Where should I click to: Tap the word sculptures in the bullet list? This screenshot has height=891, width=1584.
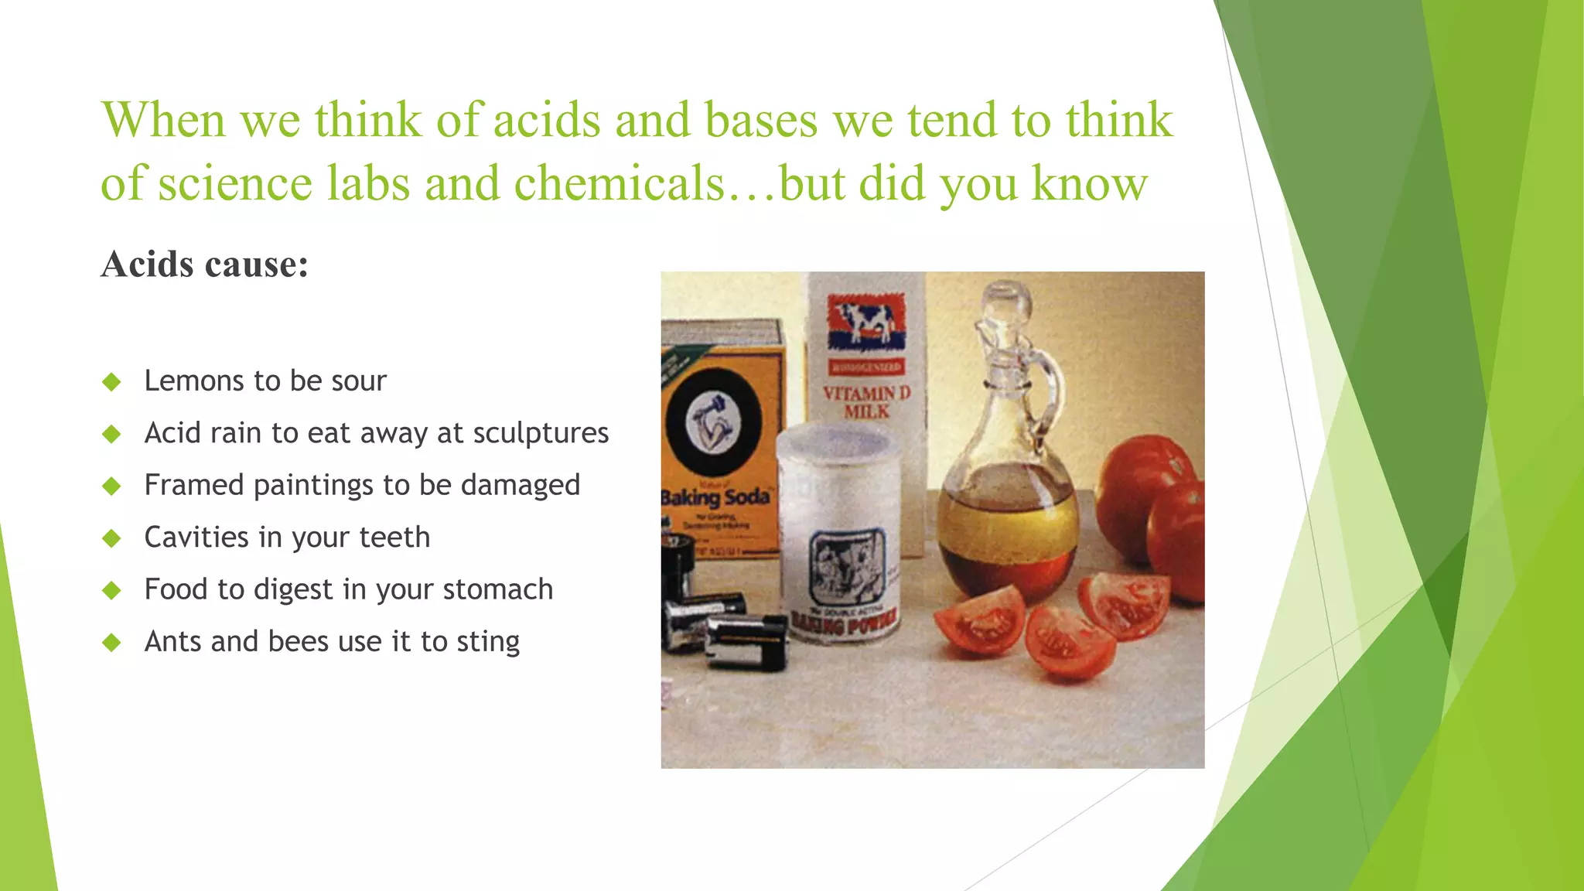541,433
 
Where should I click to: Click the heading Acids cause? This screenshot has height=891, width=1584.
205,265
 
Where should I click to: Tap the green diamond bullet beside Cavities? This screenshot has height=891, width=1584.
112,538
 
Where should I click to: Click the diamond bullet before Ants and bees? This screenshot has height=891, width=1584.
112,642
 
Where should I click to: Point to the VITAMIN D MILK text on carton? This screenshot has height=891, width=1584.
866,402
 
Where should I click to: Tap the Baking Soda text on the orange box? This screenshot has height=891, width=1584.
716,497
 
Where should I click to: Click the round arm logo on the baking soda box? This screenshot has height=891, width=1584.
714,423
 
